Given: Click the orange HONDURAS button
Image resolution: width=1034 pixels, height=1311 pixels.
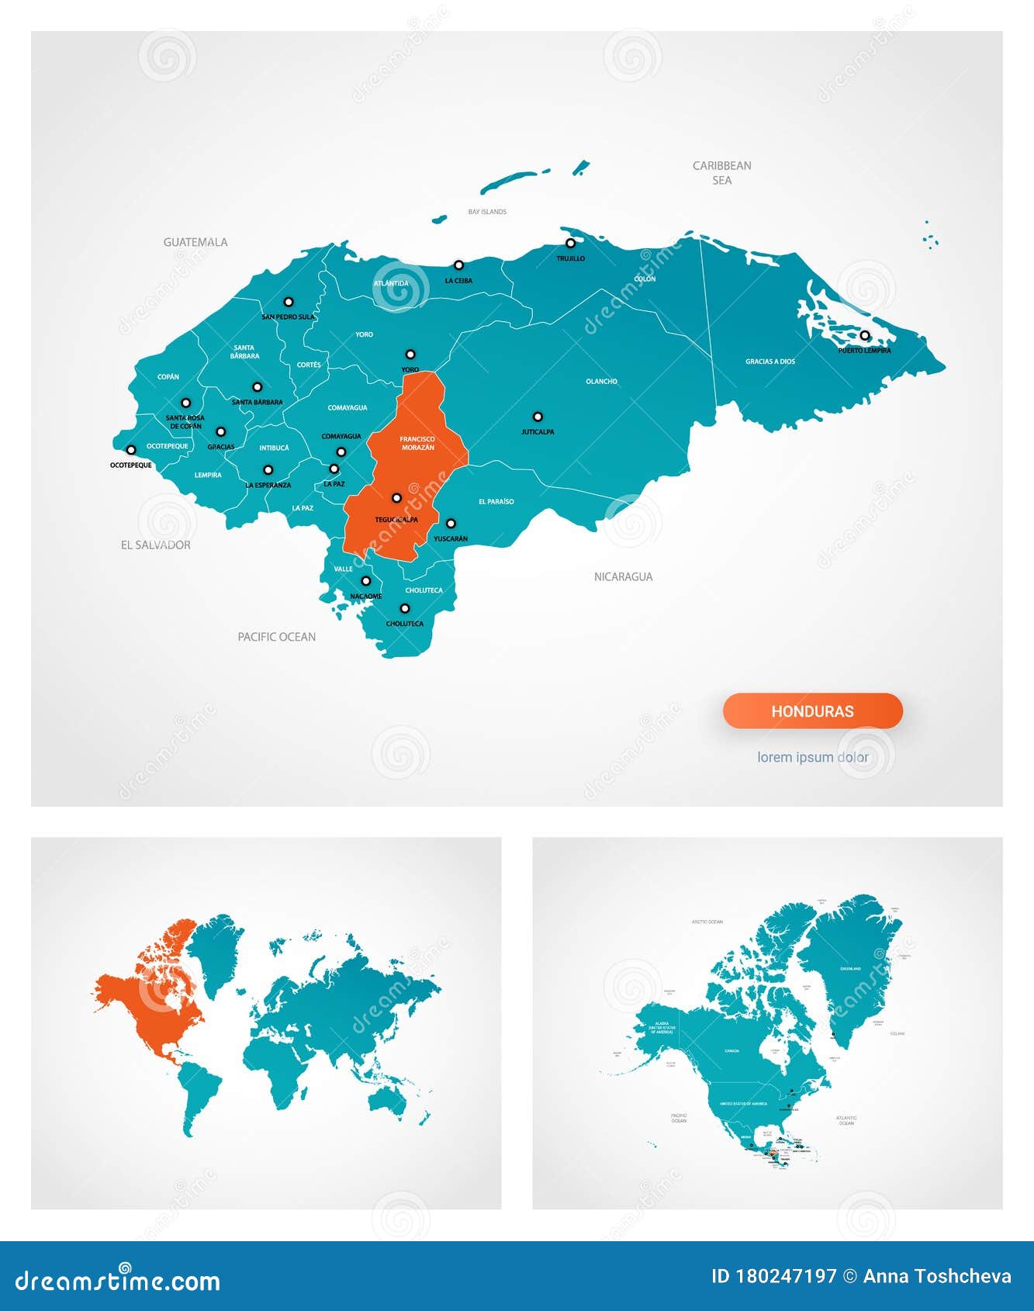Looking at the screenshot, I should pos(812,711).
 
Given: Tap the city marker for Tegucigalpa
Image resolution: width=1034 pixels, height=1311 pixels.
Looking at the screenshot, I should pos(396,498).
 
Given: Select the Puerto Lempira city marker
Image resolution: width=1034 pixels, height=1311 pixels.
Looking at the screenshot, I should pos(865,336).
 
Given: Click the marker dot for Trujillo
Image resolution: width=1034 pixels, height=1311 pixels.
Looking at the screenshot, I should pos(570,244).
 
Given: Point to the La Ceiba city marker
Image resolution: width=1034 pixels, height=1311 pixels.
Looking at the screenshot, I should pos(458,265).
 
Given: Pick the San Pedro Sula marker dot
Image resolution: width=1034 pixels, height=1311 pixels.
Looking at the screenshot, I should pos(289,302).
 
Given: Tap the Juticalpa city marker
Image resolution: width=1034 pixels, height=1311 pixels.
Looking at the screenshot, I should pos(538,417).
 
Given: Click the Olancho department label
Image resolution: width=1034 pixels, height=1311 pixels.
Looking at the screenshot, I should pos(601,382).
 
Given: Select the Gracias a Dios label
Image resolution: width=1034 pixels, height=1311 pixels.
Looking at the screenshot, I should pos(769,361).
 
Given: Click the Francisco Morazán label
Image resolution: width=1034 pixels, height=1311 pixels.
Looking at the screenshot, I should pos(417,443).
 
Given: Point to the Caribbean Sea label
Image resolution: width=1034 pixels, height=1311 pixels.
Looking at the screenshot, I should pos(721,172).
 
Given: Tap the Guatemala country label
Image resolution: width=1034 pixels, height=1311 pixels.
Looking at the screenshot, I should pos(195,242).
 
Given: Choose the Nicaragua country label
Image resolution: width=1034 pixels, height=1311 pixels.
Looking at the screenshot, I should pos(623,576).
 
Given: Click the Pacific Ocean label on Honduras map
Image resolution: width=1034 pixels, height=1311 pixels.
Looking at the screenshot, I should pos(276,637).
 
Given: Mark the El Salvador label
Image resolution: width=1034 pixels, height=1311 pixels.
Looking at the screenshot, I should pos(155,545).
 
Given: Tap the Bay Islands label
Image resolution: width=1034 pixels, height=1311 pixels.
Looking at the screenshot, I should pos(487,212).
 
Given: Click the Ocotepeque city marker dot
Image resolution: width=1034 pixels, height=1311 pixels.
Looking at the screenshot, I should pos(131,450).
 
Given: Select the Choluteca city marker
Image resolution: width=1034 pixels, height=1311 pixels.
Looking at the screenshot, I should pos(404,609).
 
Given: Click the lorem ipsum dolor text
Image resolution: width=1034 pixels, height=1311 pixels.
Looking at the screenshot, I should pos(812,757).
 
